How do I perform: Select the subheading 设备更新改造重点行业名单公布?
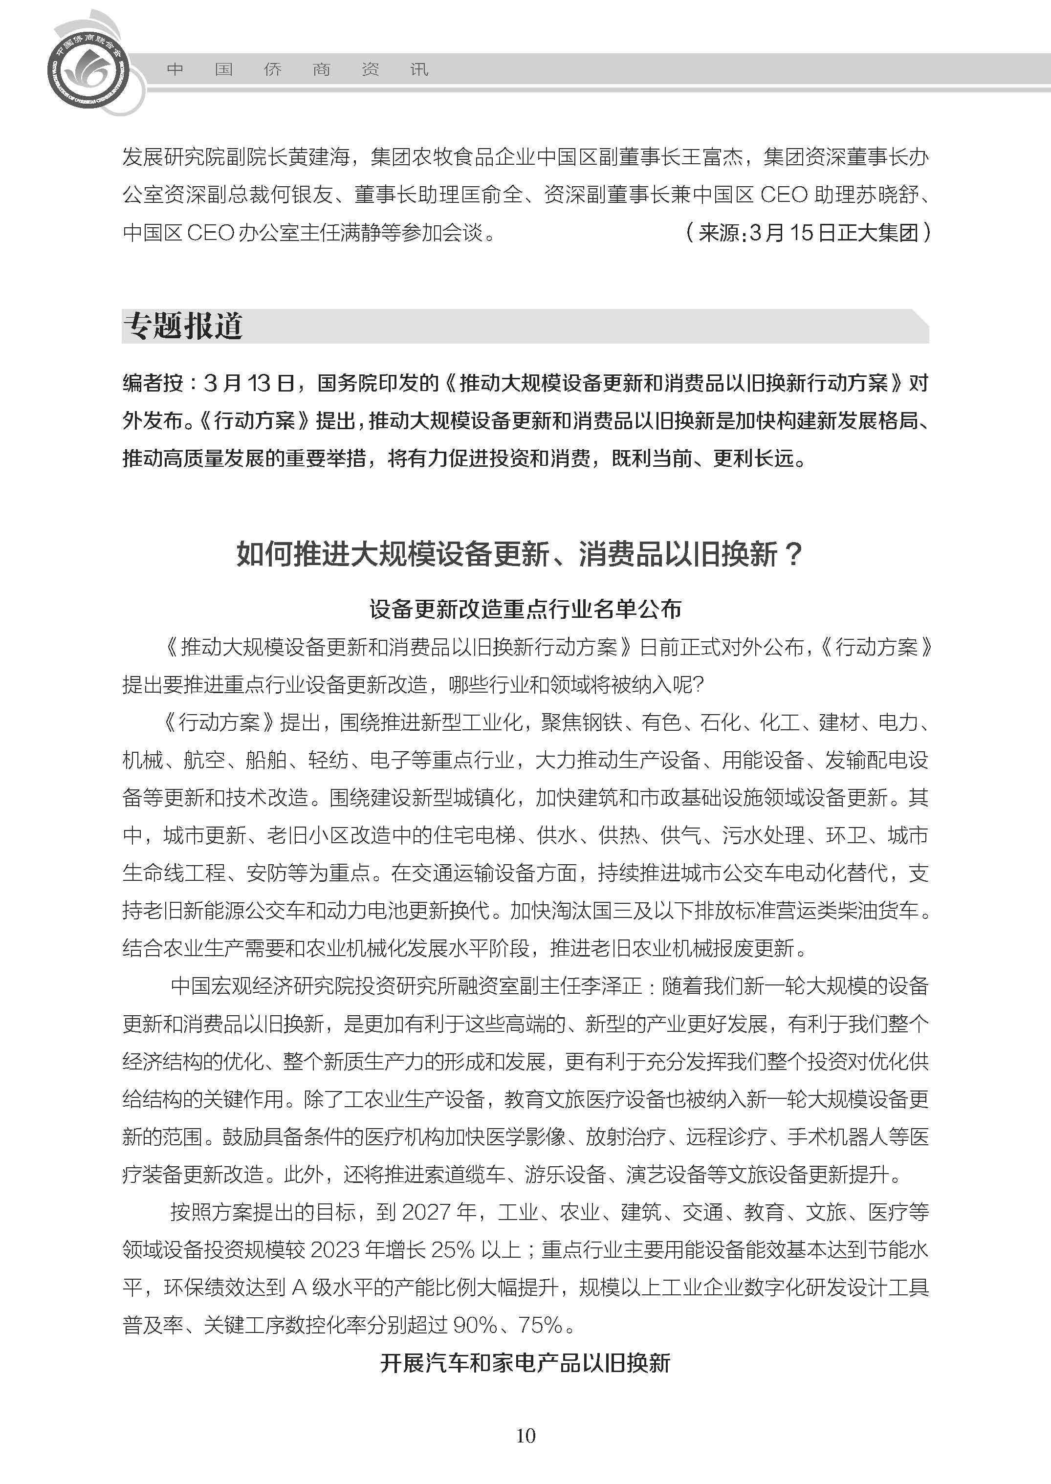coord(525,609)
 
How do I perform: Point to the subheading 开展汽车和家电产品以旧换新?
coord(525,1363)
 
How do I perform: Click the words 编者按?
coord(153,383)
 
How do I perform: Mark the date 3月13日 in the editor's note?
coord(250,383)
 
